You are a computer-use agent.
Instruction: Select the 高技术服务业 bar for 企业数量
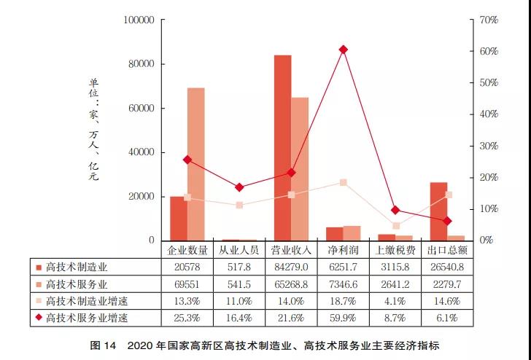pyautogui.click(x=195, y=164)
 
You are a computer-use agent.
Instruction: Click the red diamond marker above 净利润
pyautogui.click(x=343, y=50)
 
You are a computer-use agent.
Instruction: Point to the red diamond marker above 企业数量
pyautogui.click(x=187, y=160)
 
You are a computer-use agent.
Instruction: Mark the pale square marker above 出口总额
pyautogui.click(x=448, y=195)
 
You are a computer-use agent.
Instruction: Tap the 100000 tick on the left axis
pyautogui.click(x=137, y=20)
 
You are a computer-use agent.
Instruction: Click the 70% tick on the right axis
pyautogui.click(x=488, y=20)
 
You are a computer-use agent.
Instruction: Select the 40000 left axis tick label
pyautogui.click(x=140, y=152)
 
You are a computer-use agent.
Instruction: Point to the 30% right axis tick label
pyautogui.click(x=488, y=146)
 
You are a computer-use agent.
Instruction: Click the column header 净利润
pyautogui.click(x=344, y=250)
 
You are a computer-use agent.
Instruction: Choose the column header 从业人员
pyautogui.click(x=239, y=250)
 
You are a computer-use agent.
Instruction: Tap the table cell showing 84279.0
pyautogui.click(x=291, y=267)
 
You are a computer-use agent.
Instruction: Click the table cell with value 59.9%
pyautogui.click(x=344, y=317)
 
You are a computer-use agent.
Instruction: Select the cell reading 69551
pyautogui.click(x=187, y=283)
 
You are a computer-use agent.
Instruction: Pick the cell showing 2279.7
pyautogui.click(x=448, y=283)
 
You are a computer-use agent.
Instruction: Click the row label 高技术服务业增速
pyautogui.click(x=86, y=317)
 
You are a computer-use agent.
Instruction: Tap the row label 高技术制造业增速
pyautogui.click(x=86, y=300)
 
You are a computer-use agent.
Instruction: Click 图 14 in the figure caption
pyautogui.click(x=104, y=345)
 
